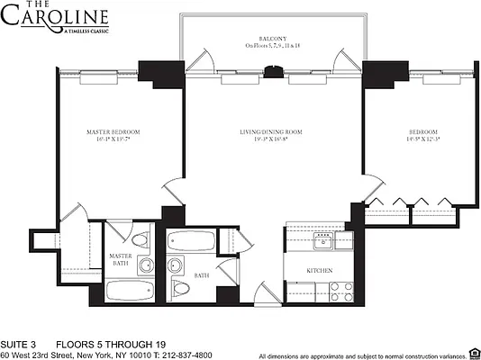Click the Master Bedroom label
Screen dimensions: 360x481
click(x=113, y=132)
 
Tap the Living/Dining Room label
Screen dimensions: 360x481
click(x=270, y=132)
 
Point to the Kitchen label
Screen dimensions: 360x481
click(x=319, y=270)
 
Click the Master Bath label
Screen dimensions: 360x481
click(x=122, y=260)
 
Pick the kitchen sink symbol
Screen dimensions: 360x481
click(x=320, y=239)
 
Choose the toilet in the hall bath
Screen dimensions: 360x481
click(x=181, y=289)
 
